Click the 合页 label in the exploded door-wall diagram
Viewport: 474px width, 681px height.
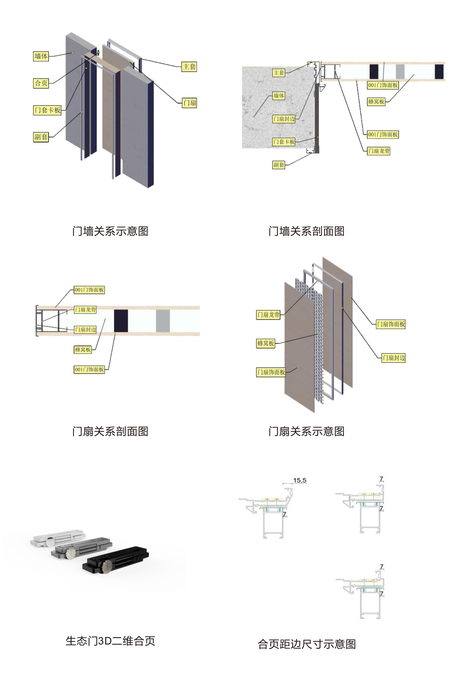pyautogui.click(x=41, y=83)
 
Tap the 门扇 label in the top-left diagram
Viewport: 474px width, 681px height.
pyautogui.click(x=189, y=103)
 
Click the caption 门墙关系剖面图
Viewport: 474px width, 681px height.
pyautogui.click(x=306, y=231)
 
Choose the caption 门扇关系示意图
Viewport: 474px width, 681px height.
pyautogui.click(x=306, y=431)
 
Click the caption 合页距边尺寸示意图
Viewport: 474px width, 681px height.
pyautogui.click(x=306, y=644)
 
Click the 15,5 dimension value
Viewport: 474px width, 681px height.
pyautogui.click(x=300, y=480)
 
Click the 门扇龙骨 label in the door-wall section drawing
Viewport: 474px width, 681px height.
pyautogui.click(x=379, y=151)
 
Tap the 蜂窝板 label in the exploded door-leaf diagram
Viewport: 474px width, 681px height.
pyautogui.click(x=266, y=344)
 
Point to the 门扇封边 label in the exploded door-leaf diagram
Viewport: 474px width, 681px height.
pyautogui.click(x=393, y=358)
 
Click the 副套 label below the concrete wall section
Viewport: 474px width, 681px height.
pyautogui.click(x=278, y=165)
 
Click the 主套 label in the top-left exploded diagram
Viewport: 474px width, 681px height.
pyautogui.click(x=189, y=66)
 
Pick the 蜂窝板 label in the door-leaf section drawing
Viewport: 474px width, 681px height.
pyautogui.click(x=83, y=349)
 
